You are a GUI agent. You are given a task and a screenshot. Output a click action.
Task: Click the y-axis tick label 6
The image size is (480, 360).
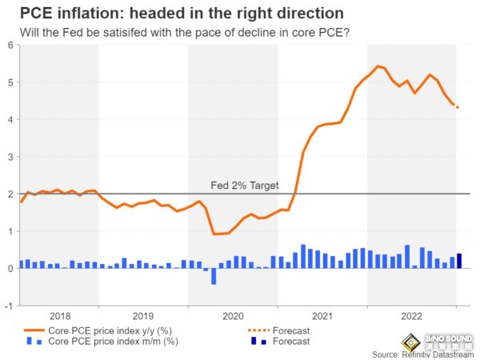(10, 45)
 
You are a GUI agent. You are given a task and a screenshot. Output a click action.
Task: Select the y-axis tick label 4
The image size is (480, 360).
(10, 119)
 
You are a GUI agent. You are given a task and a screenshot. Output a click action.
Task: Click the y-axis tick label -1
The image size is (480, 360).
(8, 306)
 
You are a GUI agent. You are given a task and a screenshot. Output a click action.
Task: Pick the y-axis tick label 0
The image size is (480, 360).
(10, 269)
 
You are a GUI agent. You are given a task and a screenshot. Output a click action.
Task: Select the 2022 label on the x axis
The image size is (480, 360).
(411, 315)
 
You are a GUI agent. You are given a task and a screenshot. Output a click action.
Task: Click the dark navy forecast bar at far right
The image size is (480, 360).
(459, 261)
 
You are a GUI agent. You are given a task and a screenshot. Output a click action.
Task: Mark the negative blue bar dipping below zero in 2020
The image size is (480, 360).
(214, 276)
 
